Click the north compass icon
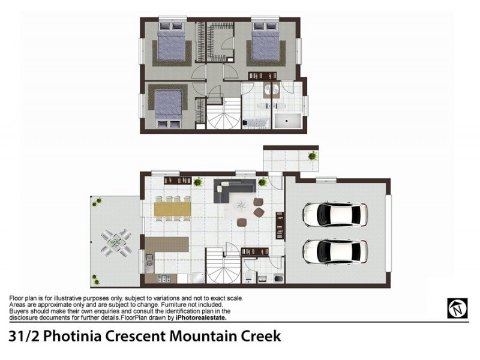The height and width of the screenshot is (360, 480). click(457, 308)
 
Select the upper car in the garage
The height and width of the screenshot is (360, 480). click(335, 215)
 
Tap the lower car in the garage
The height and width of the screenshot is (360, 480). click(335, 251)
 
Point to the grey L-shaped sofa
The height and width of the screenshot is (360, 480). click(234, 190)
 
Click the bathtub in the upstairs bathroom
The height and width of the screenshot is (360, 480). click(257, 123)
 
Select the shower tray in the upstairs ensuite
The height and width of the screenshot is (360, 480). click(287, 121)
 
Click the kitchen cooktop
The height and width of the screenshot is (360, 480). click(164, 278)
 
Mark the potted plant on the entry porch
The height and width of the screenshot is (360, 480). click(312, 156)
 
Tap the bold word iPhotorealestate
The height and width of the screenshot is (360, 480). click(201, 318)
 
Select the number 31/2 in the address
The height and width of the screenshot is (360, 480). click(24, 336)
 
